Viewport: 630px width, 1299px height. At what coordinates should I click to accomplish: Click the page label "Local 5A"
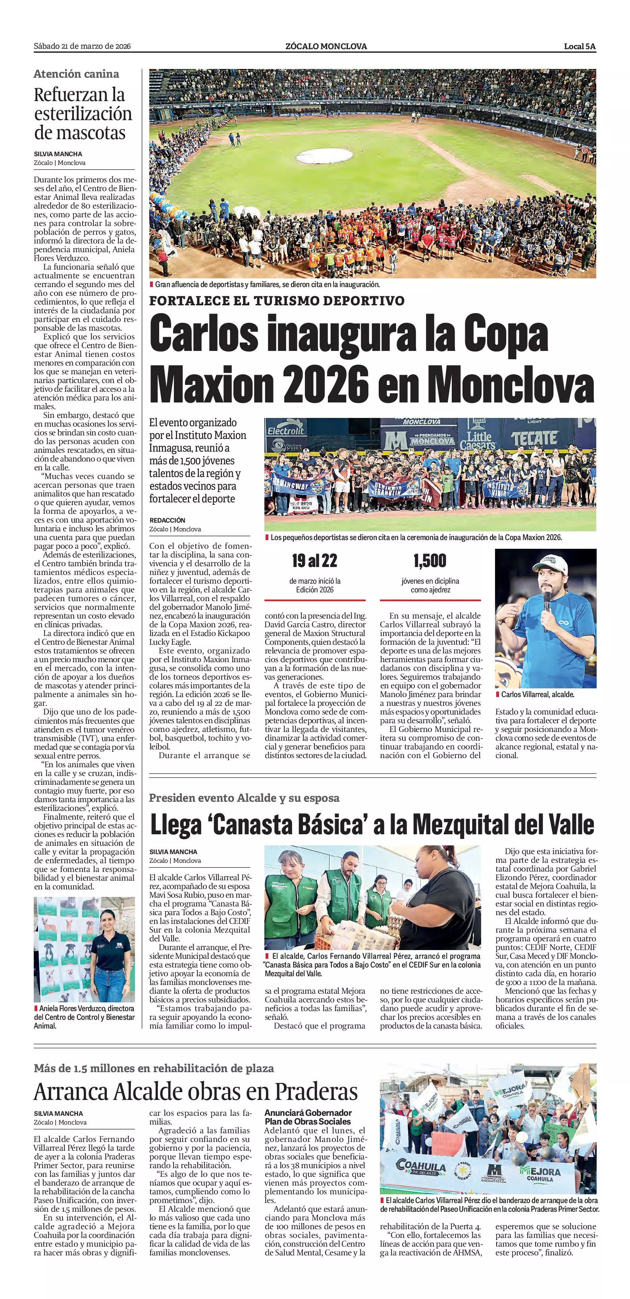(x=580, y=46)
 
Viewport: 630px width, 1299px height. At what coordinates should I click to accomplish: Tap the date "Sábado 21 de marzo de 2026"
(x=82, y=46)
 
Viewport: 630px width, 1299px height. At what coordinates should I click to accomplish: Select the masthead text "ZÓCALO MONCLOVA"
(x=326, y=46)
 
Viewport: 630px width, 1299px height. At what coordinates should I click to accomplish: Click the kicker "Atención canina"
(x=76, y=74)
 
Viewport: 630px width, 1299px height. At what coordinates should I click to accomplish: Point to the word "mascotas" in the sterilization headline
(x=80, y=133)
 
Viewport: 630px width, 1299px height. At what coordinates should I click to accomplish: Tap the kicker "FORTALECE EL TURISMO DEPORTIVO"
(x=277, y=301)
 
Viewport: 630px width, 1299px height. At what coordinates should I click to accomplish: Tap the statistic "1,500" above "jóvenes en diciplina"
(x=430, y=561)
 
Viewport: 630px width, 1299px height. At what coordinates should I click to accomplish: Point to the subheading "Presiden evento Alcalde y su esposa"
(x=244, y=798)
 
